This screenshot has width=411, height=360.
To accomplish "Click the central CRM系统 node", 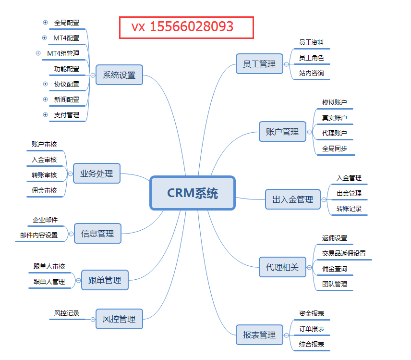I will point(193,193).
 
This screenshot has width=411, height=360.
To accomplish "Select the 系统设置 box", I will point(119,75).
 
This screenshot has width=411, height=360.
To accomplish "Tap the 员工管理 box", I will point(259,64).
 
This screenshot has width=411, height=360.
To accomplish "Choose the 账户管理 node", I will point(282,131).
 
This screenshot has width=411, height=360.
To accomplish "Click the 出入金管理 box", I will point(292,199).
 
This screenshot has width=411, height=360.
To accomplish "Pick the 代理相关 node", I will point(282,267).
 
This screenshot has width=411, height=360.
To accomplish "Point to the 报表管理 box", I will point(259,335).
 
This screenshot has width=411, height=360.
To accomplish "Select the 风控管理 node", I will point(119,319).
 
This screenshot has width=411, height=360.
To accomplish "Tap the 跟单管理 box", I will point(105,280).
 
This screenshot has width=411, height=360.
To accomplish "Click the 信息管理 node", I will point(97,234).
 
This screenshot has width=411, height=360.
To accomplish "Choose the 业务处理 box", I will point(97,174).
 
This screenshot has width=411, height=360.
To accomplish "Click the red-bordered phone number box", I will point(186,27).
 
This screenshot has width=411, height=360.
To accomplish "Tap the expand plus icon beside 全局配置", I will point(45,22).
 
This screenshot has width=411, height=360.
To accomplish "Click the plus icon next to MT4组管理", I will point(38,53).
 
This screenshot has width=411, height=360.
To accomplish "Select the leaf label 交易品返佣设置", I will point(344,253).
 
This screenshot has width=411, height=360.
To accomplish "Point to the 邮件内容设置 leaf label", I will point(39,235).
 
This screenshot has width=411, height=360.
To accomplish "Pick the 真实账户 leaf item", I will point(334,118).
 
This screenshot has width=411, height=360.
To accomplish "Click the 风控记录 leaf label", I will point(67,313).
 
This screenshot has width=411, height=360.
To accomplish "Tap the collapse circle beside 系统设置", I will point(93,75).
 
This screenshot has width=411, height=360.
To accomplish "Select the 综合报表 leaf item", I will point(311,344).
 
